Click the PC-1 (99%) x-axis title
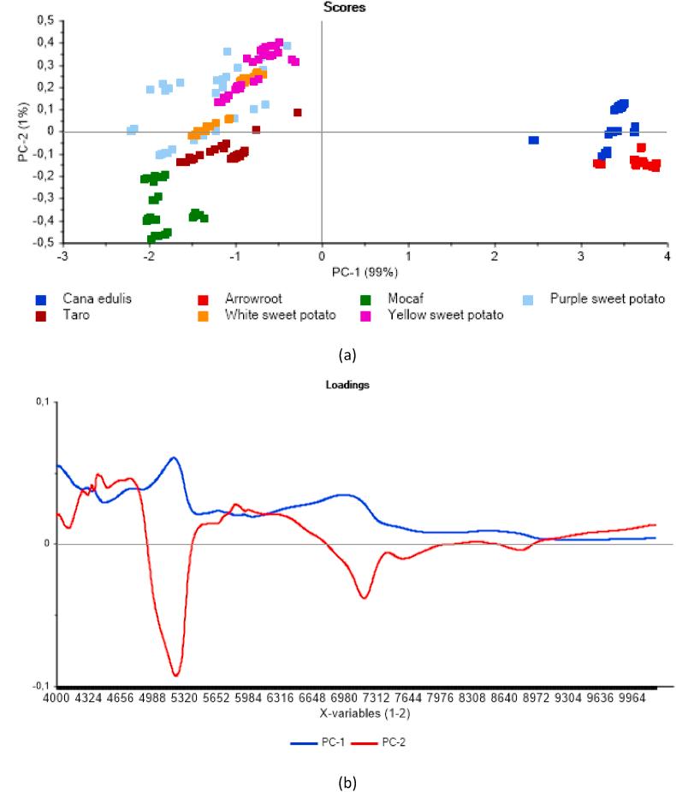tap(363, 272)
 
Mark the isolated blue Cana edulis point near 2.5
tap(533, 139)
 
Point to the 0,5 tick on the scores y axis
tap(41, 20)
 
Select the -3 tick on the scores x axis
tap(61, 256)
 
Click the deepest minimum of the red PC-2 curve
tap(175, 675)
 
